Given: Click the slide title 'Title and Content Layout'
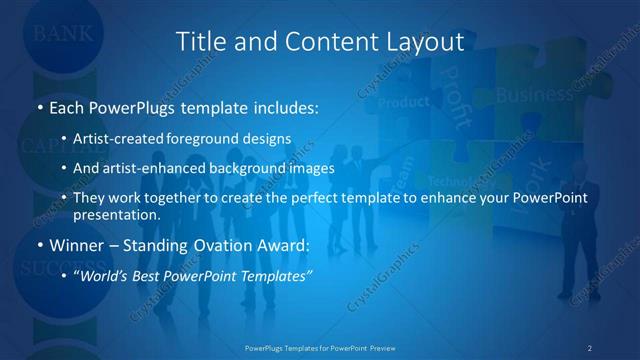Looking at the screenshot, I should [x=320, y=41].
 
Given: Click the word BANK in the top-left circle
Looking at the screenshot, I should [x=63, y=33].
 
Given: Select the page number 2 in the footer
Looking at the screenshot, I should [x=589, y=347].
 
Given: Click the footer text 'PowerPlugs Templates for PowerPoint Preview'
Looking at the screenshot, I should [x=320, y=347].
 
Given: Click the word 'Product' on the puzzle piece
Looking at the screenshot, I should [x=404, y=102].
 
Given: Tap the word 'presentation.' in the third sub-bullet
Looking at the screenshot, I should [x=116, y=214].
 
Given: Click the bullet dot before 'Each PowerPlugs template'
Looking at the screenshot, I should [x=39, y=105].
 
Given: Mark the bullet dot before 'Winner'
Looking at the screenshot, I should [x=39, y=242].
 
